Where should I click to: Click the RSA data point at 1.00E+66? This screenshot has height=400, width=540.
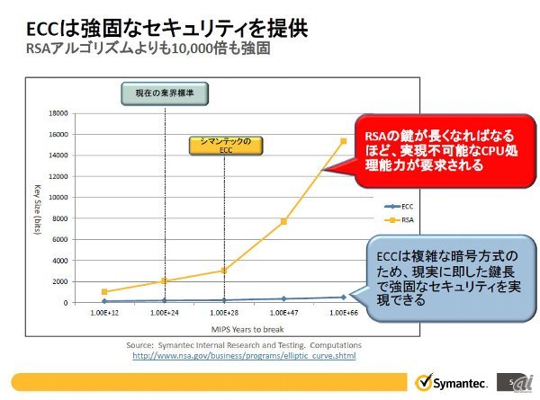(343, 141)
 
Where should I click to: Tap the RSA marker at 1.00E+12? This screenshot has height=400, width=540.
(104, 291)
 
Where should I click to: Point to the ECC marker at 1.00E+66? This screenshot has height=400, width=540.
(343, 297)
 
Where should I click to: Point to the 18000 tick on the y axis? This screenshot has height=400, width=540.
(58, 113)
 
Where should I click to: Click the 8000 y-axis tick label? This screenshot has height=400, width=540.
(60, 218)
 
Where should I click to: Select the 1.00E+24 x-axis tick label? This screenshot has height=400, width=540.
(164, 312)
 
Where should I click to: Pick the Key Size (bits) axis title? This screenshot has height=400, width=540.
(38, 208)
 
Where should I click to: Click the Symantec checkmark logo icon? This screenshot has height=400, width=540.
(421, 378)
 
